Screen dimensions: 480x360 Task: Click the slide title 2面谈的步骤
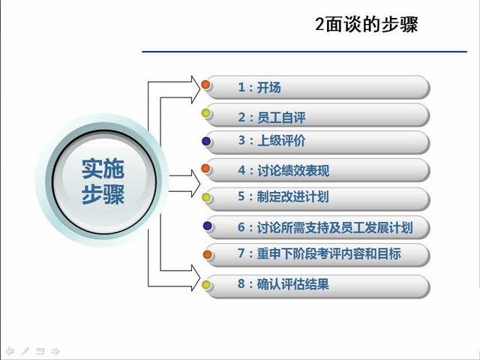pos(367,24)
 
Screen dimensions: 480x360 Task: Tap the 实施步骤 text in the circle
pos(103,181)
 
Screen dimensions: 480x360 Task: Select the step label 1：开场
pos(259,88)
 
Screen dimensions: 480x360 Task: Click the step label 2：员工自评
pos(271,117)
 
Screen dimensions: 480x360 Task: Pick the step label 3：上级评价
pos(271,140)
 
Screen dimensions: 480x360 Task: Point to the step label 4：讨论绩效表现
pos(283,170)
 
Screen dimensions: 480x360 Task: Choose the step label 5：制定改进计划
pos(283,196)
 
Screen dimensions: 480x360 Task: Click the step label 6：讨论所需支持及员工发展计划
pos(325,227)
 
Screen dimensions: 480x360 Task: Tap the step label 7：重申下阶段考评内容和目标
pos(319,253)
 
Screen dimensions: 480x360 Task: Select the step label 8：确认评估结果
pos(283,284)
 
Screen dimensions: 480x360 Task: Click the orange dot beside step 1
pos(205,85)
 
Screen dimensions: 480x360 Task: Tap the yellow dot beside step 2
pos(206,113)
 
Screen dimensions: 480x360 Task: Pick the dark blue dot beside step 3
pos(207,141)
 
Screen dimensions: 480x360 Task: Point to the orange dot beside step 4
pos(205,168)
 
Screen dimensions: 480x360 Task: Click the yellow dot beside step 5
pos(207,197)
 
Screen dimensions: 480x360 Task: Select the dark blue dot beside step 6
pos(208,226)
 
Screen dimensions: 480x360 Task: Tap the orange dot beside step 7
pos(208,254)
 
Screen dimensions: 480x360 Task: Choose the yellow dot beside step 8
pos(207,285)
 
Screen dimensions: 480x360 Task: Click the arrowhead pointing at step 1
pos(196,89)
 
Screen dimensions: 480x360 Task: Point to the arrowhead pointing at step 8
pos(196,278)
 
